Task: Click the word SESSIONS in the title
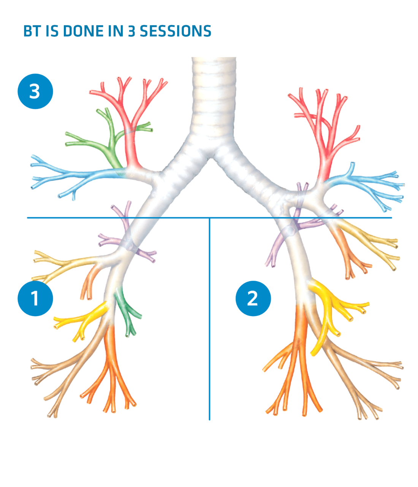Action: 176,31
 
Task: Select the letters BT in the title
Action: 32,31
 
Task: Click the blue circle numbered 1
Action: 35,298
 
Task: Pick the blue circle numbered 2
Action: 253,298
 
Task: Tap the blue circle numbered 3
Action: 35,91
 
